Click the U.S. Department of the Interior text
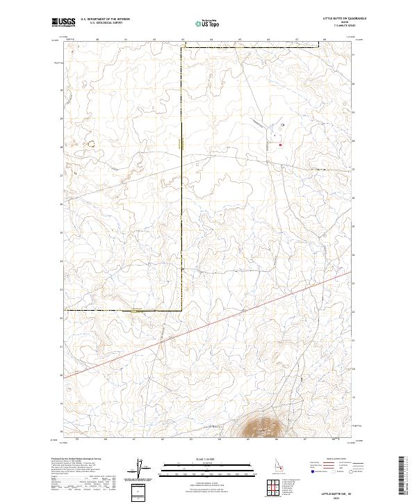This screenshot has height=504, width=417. click(x=105, y=19)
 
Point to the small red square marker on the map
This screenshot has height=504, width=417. click(x=280, y=145)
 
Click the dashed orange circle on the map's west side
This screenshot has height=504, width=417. click(x=90, y=143)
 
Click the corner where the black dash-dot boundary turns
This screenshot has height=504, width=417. click(x=183, y=309)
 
